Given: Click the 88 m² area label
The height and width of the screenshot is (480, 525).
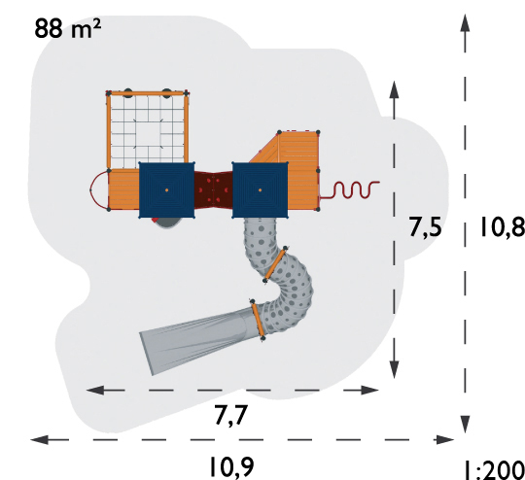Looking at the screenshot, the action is point(67,28).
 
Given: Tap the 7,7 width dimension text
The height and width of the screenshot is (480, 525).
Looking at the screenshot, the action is point(231,416).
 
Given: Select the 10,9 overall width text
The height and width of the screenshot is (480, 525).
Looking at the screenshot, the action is point(231,466).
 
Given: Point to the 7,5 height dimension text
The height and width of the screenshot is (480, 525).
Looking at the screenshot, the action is point(425,227).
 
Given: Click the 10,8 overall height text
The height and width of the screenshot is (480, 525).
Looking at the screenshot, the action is point(503,226).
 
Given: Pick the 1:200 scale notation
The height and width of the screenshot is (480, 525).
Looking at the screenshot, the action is point(495,470).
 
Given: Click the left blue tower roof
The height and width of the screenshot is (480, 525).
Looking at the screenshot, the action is point(167,190).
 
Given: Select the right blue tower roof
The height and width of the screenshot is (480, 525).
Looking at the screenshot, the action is point(261,190).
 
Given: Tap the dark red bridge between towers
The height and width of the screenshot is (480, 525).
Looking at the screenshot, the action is point(214,189).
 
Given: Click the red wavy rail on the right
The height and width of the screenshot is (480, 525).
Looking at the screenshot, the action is point(350,190).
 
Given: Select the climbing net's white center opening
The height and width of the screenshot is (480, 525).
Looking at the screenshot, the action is point(148,133).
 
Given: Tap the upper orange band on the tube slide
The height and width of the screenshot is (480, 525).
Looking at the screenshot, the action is point(275,264).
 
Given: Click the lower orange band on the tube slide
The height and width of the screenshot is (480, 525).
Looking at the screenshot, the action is point(258,321).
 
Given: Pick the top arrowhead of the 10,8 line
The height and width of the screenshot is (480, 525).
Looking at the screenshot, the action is point(465,22).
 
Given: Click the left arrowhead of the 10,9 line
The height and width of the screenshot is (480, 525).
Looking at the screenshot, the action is point(40,439).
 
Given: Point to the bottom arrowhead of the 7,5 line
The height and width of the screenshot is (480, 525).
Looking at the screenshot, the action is point(395,369).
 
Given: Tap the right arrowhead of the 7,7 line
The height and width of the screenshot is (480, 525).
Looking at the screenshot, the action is point(369,390).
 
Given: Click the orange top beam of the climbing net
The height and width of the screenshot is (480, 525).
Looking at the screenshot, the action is point(148,93).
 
